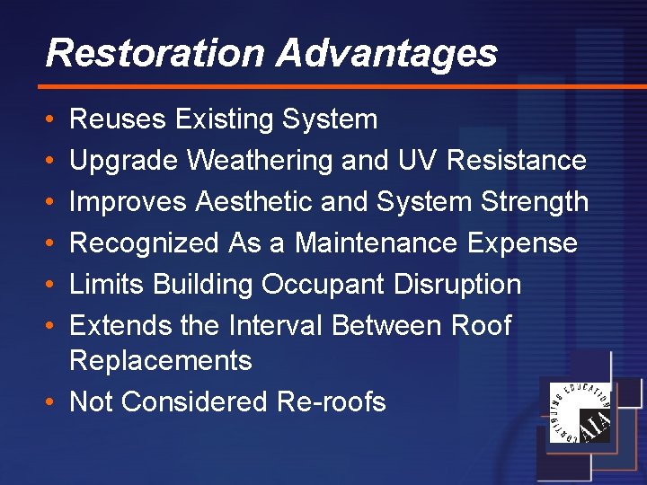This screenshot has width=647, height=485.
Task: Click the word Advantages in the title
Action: [x=386, y=53]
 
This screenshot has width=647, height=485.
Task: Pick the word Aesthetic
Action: [x=246, y=202]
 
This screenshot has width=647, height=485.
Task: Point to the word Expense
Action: [x=533, y=243]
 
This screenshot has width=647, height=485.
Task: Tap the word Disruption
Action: [x=457, y=285]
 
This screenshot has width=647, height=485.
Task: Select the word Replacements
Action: [x=160, y=361]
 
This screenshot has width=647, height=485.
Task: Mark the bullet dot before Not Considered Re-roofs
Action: [x=51, y=402]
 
